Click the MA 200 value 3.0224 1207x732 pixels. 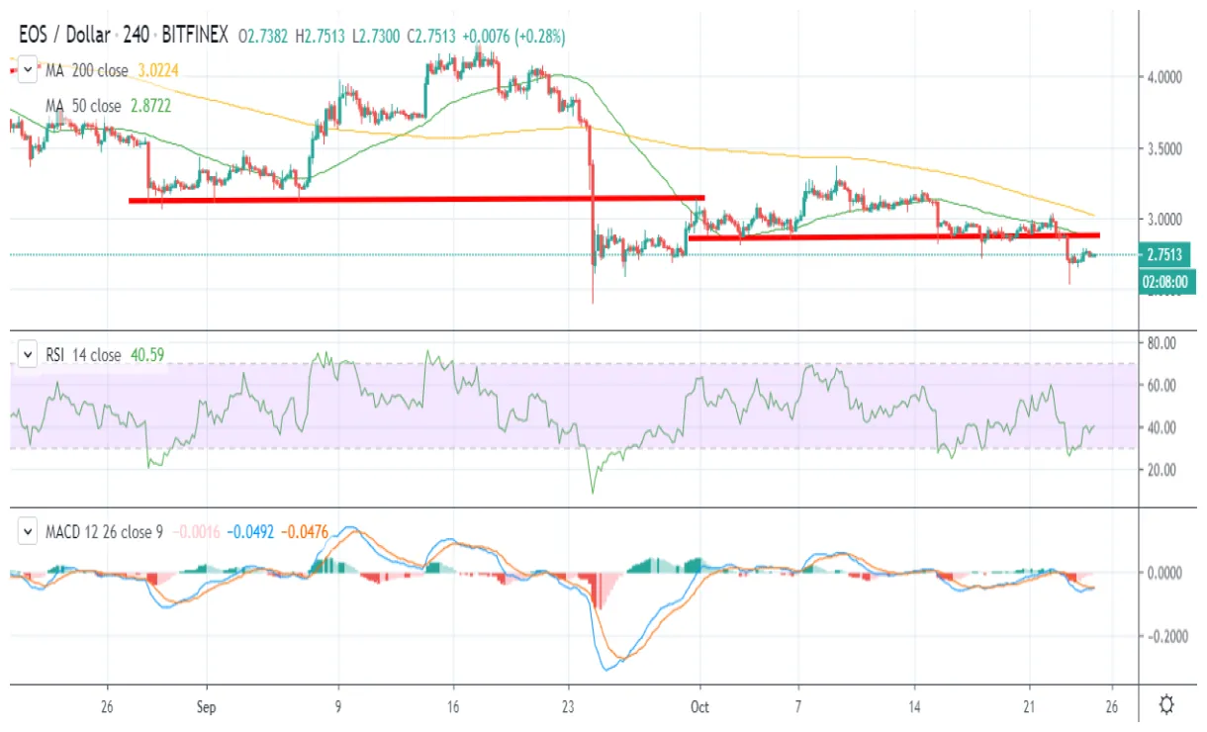tap(155, 70)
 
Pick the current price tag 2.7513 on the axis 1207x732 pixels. tap(1166, 255)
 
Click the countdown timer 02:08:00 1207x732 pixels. tap(1166, 280)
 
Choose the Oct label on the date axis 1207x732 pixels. tap(700, 708)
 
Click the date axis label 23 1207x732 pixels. tap(568, 708)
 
